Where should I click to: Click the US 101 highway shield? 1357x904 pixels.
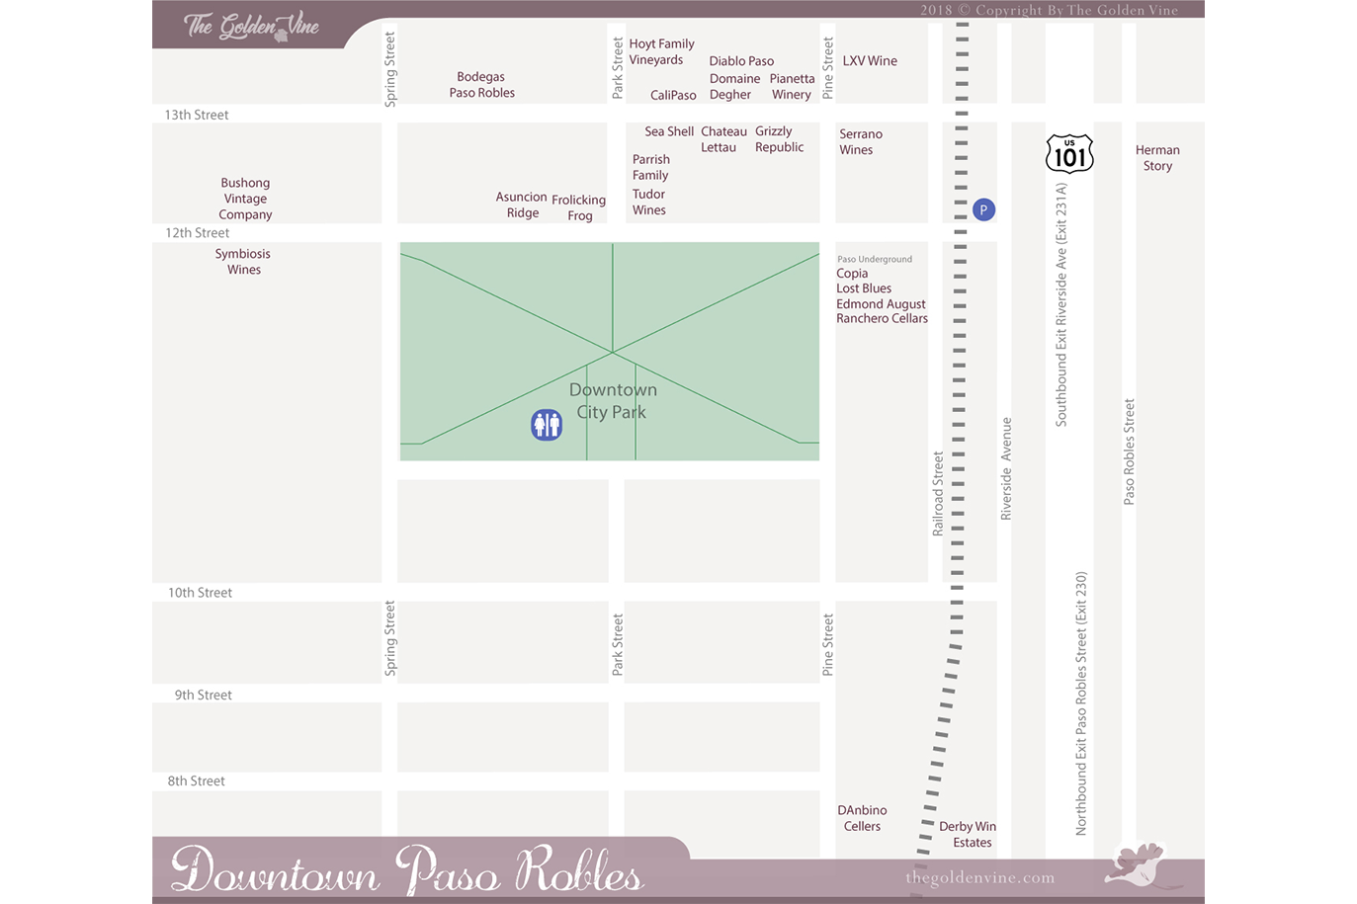pos(1069,154)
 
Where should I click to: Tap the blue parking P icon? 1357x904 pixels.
pos(983,209)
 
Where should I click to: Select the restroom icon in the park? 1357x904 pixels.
pos(547,425)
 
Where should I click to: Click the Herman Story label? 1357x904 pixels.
pos(1157,158)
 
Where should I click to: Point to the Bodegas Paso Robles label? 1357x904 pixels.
pos(481,85)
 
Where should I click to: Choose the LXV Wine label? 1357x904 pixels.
pos(870,61)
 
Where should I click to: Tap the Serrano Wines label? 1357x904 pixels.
pos(860,142)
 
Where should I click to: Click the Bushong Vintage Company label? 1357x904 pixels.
pos(245,199)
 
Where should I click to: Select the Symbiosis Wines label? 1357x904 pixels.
pos(243,262)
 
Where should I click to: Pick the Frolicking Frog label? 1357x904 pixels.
pos(579,207)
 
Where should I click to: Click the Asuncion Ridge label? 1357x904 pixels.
pos(522,205)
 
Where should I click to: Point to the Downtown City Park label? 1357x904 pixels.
pos(613,401)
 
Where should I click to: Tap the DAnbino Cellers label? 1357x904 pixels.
pos(862,818)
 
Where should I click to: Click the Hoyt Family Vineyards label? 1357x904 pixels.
pos(661,51)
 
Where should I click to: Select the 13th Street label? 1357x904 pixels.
pos(197,116)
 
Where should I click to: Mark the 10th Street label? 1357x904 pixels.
pos(200,593)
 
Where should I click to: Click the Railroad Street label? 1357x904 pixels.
pos(938,494)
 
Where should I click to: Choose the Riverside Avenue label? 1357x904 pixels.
pos(1006,468)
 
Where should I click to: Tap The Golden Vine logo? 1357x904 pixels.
pos(252,27)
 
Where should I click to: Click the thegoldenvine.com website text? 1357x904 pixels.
pos(979,877)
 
